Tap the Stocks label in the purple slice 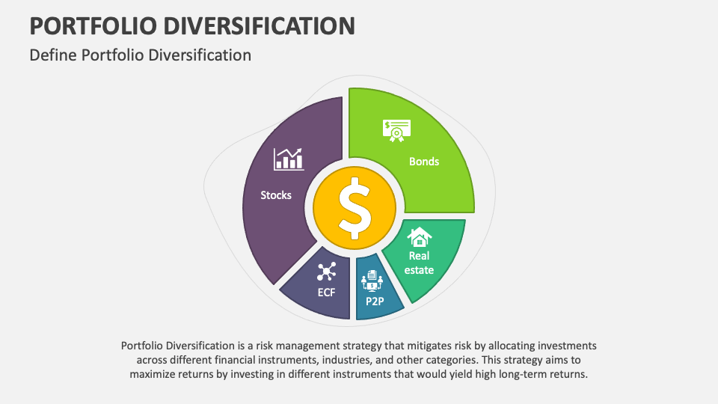click(x=276, y=195)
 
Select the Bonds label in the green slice click(x=424, y=161)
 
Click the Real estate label click(x=419, y=263)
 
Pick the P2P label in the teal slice click(x=375, y=301)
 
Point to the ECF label click(x=326, y=292)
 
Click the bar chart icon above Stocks click(x=288, y=158)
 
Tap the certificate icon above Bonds click(x=397, y=130)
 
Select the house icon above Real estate click(x=419, y=237)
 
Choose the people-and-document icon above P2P click(x=372, y=282)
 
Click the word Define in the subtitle click(x=51, y=55)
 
